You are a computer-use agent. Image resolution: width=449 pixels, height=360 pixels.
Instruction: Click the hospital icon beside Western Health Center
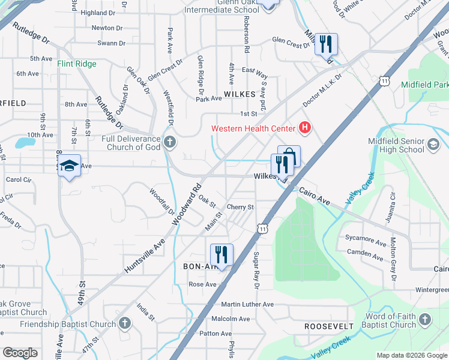306,128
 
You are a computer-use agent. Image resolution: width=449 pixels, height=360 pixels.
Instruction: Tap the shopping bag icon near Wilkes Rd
289,157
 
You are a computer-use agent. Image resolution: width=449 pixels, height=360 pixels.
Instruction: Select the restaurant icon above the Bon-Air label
221,254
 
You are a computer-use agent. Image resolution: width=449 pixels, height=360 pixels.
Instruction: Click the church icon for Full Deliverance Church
170,142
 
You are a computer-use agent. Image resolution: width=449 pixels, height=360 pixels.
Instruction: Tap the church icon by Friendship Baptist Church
124,324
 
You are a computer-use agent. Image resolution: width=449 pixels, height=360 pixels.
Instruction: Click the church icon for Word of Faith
424,319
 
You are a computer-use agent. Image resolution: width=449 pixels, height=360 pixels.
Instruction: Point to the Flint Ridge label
77,64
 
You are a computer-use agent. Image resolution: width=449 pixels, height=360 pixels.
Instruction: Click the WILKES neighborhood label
240,94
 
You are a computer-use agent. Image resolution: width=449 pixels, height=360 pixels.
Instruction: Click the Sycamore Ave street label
366,238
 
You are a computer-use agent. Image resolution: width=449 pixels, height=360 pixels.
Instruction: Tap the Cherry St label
241,207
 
